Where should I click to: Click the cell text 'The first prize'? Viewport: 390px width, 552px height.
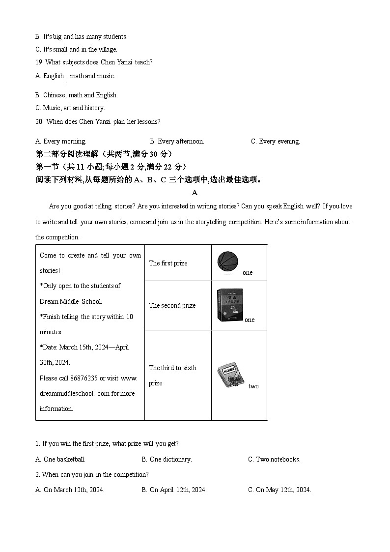tap(168, 263)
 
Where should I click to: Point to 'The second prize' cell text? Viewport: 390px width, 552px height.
tap(172, 306)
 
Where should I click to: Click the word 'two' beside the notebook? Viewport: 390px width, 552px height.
tap(253, 386)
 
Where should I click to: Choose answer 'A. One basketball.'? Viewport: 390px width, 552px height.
tap(60, 460)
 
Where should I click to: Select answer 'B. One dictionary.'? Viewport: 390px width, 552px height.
tap(167, 460)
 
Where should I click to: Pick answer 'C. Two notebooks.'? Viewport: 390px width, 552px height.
tap(274, 460)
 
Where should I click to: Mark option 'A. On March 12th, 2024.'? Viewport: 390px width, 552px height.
tap(70, 490)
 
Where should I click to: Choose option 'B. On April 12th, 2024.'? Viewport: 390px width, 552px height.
tap(174, 490)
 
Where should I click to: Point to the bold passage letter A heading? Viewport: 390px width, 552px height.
tap(195, 193)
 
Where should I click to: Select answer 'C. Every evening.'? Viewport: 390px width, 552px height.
tap(275, 142)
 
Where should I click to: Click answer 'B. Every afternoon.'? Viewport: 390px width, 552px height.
tap(177, 142)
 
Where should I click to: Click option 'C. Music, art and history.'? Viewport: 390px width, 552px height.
tap(70, 108)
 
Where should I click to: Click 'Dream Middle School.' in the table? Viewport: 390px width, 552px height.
tap(71, 302)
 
